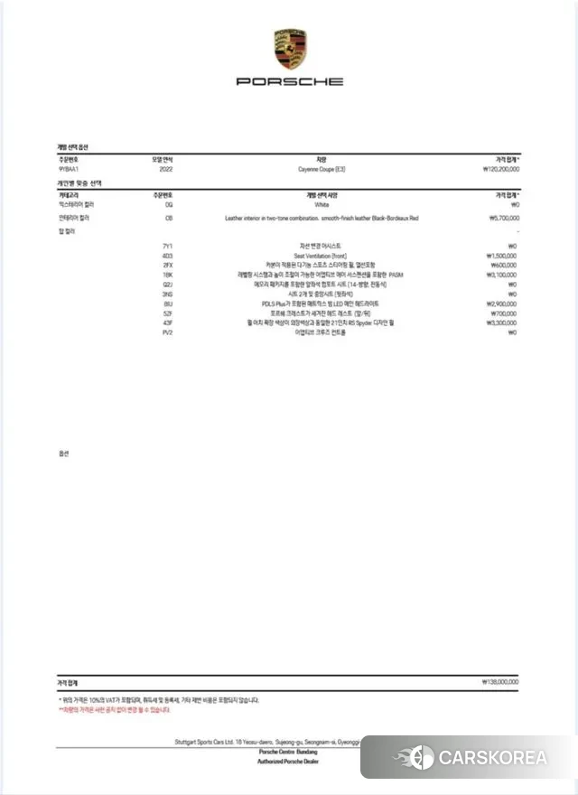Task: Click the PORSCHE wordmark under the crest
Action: coord(290,81)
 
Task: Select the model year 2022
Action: coord(165,169)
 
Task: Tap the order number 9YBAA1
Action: coord(70,169)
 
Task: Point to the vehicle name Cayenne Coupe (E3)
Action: coord(322,169)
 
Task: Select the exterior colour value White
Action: coord(322,205)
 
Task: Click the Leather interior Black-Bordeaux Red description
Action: coord(322,219)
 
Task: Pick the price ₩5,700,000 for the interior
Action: coord(503,219)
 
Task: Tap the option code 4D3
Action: coord(168,257)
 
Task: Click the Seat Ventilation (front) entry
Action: coord(322,257)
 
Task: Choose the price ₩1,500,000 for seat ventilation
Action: coord(503,257)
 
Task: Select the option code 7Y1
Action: coord(168,247)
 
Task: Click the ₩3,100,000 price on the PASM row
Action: coord(503,276)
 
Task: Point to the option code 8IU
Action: coord(168,304)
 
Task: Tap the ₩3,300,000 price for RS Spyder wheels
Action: coord(503,323)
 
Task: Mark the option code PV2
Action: coord(168,332)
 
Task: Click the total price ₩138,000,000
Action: coord(500,684)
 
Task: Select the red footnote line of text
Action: coord(115,710)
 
